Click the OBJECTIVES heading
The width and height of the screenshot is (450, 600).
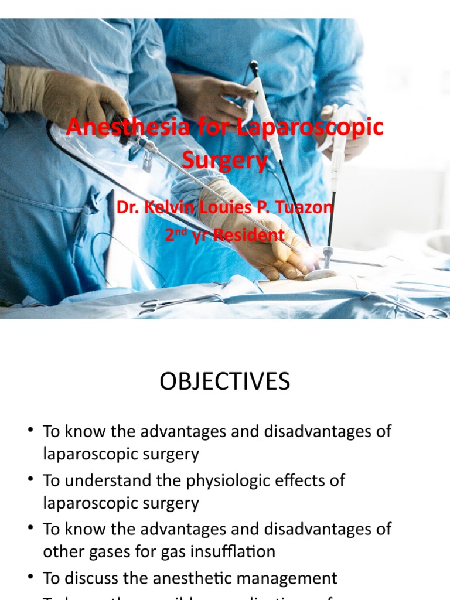click(x=224, y=382)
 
